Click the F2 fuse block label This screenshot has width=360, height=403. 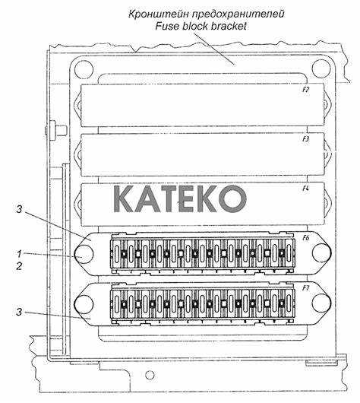305,90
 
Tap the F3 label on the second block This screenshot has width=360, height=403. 305,139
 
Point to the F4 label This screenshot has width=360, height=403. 305,189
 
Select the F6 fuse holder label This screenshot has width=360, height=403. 305,238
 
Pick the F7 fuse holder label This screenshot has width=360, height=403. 305,288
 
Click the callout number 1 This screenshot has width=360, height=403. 19,254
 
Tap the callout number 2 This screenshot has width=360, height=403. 19,266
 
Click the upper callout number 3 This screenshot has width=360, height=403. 19,209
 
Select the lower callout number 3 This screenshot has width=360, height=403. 19,312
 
